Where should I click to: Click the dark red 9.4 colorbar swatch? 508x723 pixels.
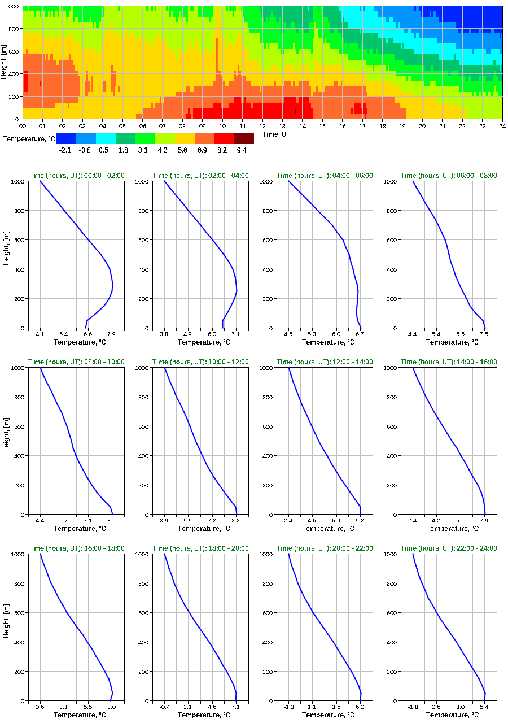tap(244, 138)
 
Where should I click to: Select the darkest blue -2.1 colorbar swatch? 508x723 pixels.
tap(66, 138)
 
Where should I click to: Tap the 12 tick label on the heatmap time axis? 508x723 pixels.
tap(262, 125)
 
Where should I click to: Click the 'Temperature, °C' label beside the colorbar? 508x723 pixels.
tap(29, 139)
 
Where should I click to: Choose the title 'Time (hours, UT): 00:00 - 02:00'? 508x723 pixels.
tap(76, 176)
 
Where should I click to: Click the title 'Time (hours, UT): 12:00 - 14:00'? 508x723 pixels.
tap(325, 362)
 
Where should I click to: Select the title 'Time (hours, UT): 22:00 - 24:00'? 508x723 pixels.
tap(449, 548)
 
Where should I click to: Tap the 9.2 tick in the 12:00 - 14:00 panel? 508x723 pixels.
tap(360, 520)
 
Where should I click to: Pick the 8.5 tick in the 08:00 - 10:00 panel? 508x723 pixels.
tap(112, 520)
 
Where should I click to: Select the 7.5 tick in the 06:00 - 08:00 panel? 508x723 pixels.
tap(484, 334)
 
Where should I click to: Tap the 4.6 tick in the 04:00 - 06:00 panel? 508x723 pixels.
tap(288, 334)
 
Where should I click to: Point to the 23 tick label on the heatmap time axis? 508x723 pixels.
tap(482, 125)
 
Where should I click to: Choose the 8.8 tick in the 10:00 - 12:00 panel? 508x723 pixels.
tap(235, 520)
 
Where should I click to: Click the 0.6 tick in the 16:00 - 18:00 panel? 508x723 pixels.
tap(40, 707)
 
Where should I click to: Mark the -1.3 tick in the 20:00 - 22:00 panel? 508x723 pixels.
tap(288, 707)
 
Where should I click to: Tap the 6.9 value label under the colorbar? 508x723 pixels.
tap(204, 150)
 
